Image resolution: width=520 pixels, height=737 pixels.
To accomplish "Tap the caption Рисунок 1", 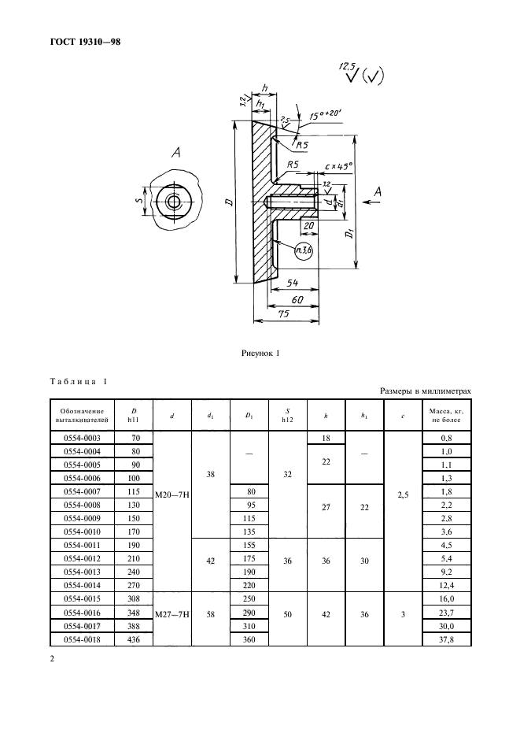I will (260, 354).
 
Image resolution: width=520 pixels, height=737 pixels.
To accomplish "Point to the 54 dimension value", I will (293, 281).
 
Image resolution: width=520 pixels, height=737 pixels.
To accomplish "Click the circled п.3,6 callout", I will (304, 252).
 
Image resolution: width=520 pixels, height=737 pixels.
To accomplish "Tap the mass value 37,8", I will (445, 639).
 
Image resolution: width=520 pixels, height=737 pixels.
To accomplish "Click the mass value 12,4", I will (445, 585).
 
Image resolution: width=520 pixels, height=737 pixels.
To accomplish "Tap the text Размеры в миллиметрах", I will (425, 391).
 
